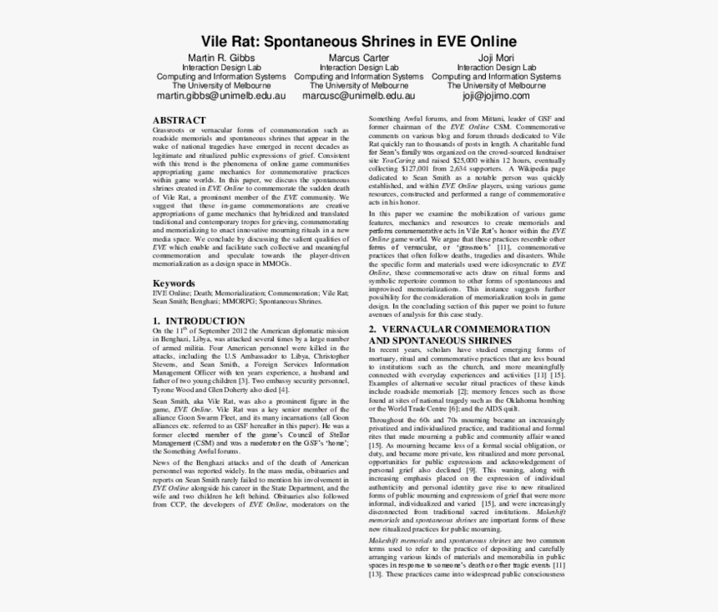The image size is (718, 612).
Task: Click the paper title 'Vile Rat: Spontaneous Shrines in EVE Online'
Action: coord(359,41)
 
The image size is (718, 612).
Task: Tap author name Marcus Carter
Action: coord(359,58)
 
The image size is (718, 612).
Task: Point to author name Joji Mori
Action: coord(496,58)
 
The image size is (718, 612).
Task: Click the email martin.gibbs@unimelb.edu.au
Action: coord(222,96)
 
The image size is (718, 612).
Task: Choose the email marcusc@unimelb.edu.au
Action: coord(359,96)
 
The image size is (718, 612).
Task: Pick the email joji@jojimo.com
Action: coord(496,96)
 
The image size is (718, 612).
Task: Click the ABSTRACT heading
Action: coord(179,120)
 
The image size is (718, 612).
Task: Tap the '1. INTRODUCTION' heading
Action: coord(199,321)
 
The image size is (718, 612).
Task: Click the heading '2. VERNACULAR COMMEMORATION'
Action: coord(459,329)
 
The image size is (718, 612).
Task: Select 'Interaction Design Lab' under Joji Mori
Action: coord(496,68)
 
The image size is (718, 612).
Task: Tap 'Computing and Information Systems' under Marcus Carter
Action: coord(359,77)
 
